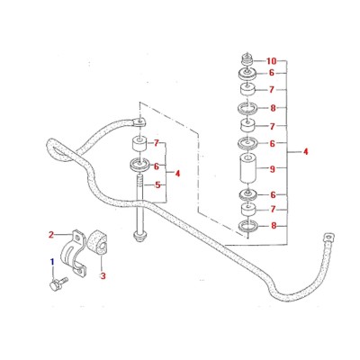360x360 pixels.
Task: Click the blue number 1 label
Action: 52,261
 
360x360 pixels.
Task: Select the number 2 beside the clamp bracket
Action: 51,235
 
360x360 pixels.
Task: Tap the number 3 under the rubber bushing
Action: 103,275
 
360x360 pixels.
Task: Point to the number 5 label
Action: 157,185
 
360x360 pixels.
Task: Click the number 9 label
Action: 273,169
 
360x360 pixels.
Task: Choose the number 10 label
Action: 271,61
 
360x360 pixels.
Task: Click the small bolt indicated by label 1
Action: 58,283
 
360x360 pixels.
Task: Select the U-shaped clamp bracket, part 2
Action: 74,252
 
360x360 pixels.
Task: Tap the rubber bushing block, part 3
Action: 97,243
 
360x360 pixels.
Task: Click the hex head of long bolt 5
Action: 139,238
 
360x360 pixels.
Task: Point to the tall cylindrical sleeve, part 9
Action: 247,168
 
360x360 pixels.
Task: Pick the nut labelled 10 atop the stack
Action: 247,60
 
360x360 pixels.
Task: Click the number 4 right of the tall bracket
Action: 305,152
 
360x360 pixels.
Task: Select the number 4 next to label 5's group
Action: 177,174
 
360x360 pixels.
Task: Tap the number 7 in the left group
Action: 157,143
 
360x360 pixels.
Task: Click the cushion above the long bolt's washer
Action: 139,144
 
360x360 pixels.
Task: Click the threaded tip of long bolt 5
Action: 139,182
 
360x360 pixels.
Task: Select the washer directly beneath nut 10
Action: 247,74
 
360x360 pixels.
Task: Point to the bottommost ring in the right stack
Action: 247,226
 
